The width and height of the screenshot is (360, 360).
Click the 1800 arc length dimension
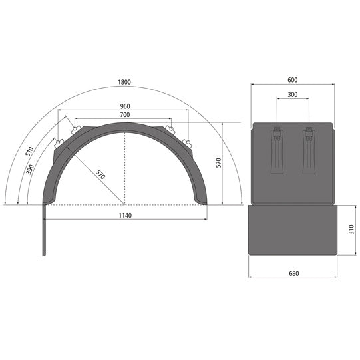tap(124, 82)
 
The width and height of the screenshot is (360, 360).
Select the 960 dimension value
tap(124, 106)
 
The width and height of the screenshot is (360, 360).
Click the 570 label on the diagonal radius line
tap(99, 176)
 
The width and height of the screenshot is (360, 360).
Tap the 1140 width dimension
tap(124, 215)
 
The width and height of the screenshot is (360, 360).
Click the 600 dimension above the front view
tap(292, 80)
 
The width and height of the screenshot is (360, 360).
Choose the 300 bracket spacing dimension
tap(292, 94)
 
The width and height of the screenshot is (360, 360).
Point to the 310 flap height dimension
tap(351, 230)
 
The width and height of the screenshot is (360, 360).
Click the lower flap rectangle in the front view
tap(291, 230)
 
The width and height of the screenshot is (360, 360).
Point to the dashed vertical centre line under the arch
tap(124, 166)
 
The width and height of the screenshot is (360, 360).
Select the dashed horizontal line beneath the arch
tap(124, 205)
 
